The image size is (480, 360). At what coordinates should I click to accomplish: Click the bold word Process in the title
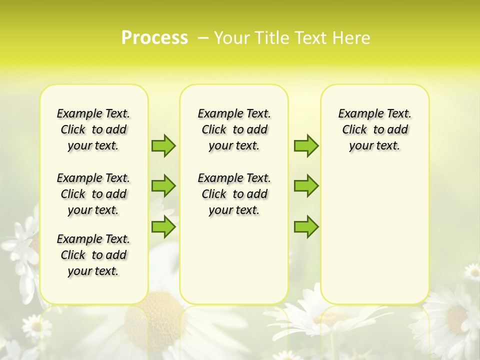(154, 38)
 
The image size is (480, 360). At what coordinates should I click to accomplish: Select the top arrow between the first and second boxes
(163, 145)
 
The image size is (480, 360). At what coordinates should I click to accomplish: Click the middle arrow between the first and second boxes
(163, 186)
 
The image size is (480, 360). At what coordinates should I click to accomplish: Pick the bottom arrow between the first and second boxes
(163, 226)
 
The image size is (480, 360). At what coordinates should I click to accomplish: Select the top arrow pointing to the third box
(306, 145)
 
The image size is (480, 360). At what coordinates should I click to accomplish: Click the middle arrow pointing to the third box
(306, 186)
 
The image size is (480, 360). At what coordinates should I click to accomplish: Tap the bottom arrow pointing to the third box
(306, 226)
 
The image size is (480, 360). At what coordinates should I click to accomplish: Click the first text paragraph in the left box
(93, 129)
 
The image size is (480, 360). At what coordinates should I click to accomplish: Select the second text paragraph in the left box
(93, 194)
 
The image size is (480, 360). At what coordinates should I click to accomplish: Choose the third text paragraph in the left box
(93, 255)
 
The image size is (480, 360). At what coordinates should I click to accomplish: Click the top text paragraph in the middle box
(234, 129)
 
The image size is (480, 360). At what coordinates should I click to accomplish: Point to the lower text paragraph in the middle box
(234, 194)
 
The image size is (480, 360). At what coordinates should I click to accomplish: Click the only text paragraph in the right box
(374, 129)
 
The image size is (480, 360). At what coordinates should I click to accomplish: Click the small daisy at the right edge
(472, 271)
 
